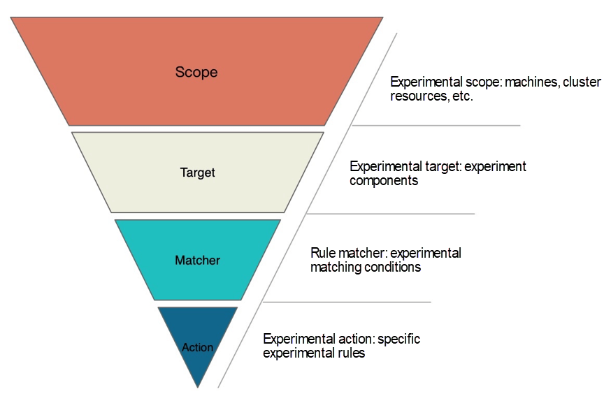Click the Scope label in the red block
[196, 72]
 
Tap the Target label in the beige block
[197, 173]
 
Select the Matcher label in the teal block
[197, 261]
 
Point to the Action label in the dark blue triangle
[197, 347]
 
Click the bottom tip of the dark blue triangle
[198, 386]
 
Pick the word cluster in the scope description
[582, 82]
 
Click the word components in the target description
[384, 181]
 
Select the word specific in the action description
[399, 339]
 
